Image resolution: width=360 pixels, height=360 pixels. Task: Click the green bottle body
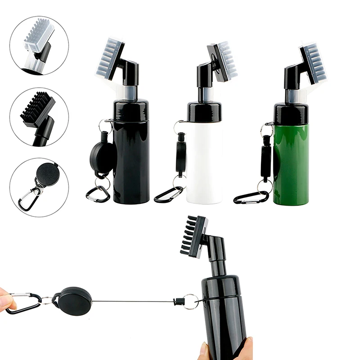click(x=291, y=164)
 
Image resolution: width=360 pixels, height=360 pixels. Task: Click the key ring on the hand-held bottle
click(x=191, y=301)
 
